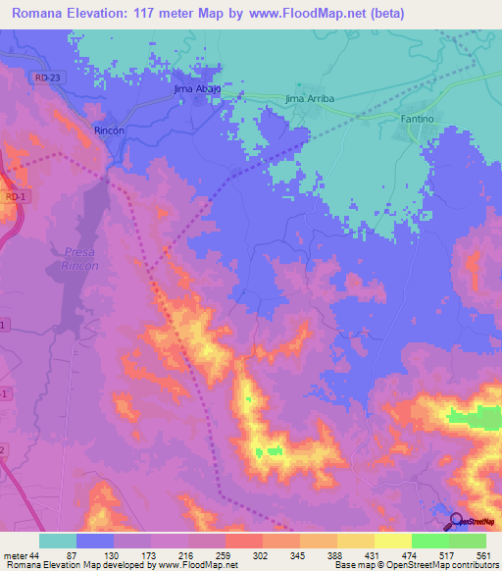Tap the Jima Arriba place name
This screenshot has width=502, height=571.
tap(309, 99)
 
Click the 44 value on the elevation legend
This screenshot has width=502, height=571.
tap(32, 555)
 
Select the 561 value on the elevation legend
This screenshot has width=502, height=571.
tap(482, 555)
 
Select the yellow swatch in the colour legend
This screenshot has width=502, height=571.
tap(392, 541)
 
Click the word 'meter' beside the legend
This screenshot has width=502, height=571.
tap(14, 555)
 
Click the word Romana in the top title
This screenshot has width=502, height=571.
tap(39, 14)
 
